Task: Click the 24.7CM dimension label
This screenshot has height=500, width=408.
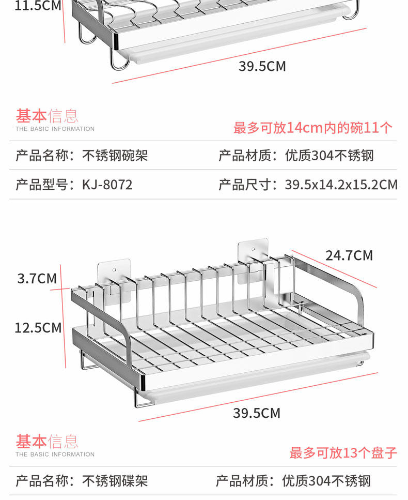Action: pos(349,255)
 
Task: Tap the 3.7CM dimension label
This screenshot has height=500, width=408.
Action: pos(37,279)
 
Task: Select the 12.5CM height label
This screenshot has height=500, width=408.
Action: pos(38,328)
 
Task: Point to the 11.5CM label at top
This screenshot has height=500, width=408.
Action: pos(31,6)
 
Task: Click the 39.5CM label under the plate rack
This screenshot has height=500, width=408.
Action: pos(257,413)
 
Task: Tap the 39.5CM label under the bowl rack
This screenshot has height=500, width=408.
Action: pos(262,66)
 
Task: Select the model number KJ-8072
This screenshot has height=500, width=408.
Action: pos(107,185)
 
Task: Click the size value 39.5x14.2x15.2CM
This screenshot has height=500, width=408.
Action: pos(341,185)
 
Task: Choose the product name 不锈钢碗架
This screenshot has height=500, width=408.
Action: pos(115,155)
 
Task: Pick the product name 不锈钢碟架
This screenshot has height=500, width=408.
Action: pos(115,481)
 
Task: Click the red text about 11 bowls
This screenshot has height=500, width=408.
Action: pos(313,128)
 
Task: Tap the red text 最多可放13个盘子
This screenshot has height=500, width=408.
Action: pos(343,453)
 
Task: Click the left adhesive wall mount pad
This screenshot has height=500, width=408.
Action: pos(113,272)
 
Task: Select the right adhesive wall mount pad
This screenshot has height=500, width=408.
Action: pos(253,259)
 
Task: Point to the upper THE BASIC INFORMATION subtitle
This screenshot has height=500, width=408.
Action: pos(55,129)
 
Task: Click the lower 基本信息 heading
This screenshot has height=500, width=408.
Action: pos(47,441)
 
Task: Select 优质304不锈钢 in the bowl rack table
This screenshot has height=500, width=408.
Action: pos(329,155)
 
